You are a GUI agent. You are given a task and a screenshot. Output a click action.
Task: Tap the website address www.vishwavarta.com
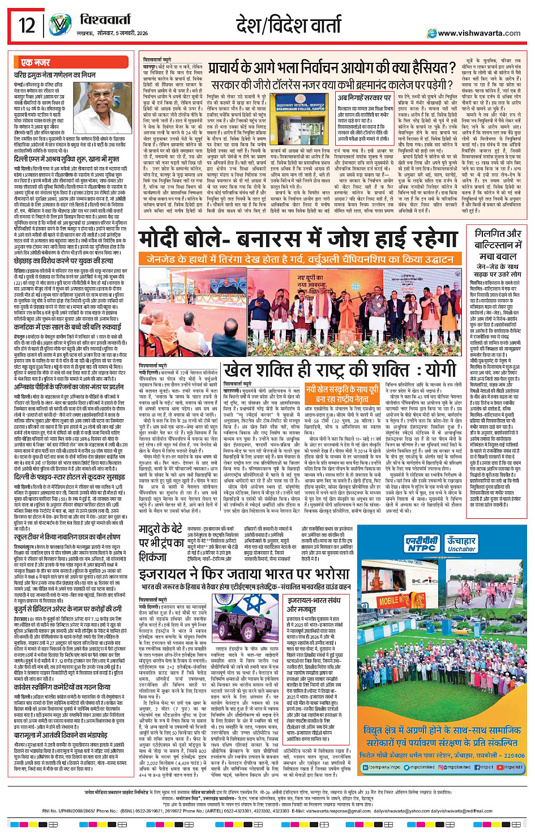(x=479, y=33)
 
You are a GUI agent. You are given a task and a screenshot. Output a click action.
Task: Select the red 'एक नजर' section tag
(x=36, y=62)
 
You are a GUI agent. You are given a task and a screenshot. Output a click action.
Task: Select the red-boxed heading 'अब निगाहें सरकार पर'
(x=364, y=98)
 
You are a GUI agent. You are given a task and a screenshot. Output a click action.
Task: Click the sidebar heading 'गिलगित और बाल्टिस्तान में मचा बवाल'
(x=498, y=245)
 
